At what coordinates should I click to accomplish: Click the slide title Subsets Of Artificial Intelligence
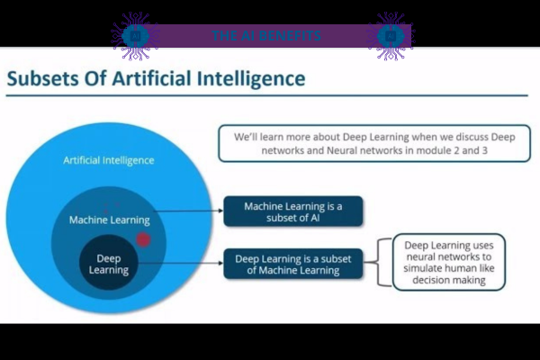[156, 79]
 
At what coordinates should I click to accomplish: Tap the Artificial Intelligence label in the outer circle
[108, 160]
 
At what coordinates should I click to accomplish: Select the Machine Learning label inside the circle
[110, 220]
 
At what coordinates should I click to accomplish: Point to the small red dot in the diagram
[142, 239]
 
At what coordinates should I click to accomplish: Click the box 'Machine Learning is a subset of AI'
[292, 212]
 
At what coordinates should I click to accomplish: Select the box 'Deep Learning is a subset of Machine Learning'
[292, 265]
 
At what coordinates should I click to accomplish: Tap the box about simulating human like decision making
[448, 262]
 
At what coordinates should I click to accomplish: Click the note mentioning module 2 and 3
[373, 143]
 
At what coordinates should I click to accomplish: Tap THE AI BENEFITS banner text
[266, 36]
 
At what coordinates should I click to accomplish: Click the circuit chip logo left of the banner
[135, 36]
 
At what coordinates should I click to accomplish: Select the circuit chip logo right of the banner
[391, 36]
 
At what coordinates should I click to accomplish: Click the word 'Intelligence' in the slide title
[254, 79]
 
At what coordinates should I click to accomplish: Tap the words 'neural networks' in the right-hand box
[445, 256]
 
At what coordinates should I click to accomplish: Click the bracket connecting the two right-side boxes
[380, 263]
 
